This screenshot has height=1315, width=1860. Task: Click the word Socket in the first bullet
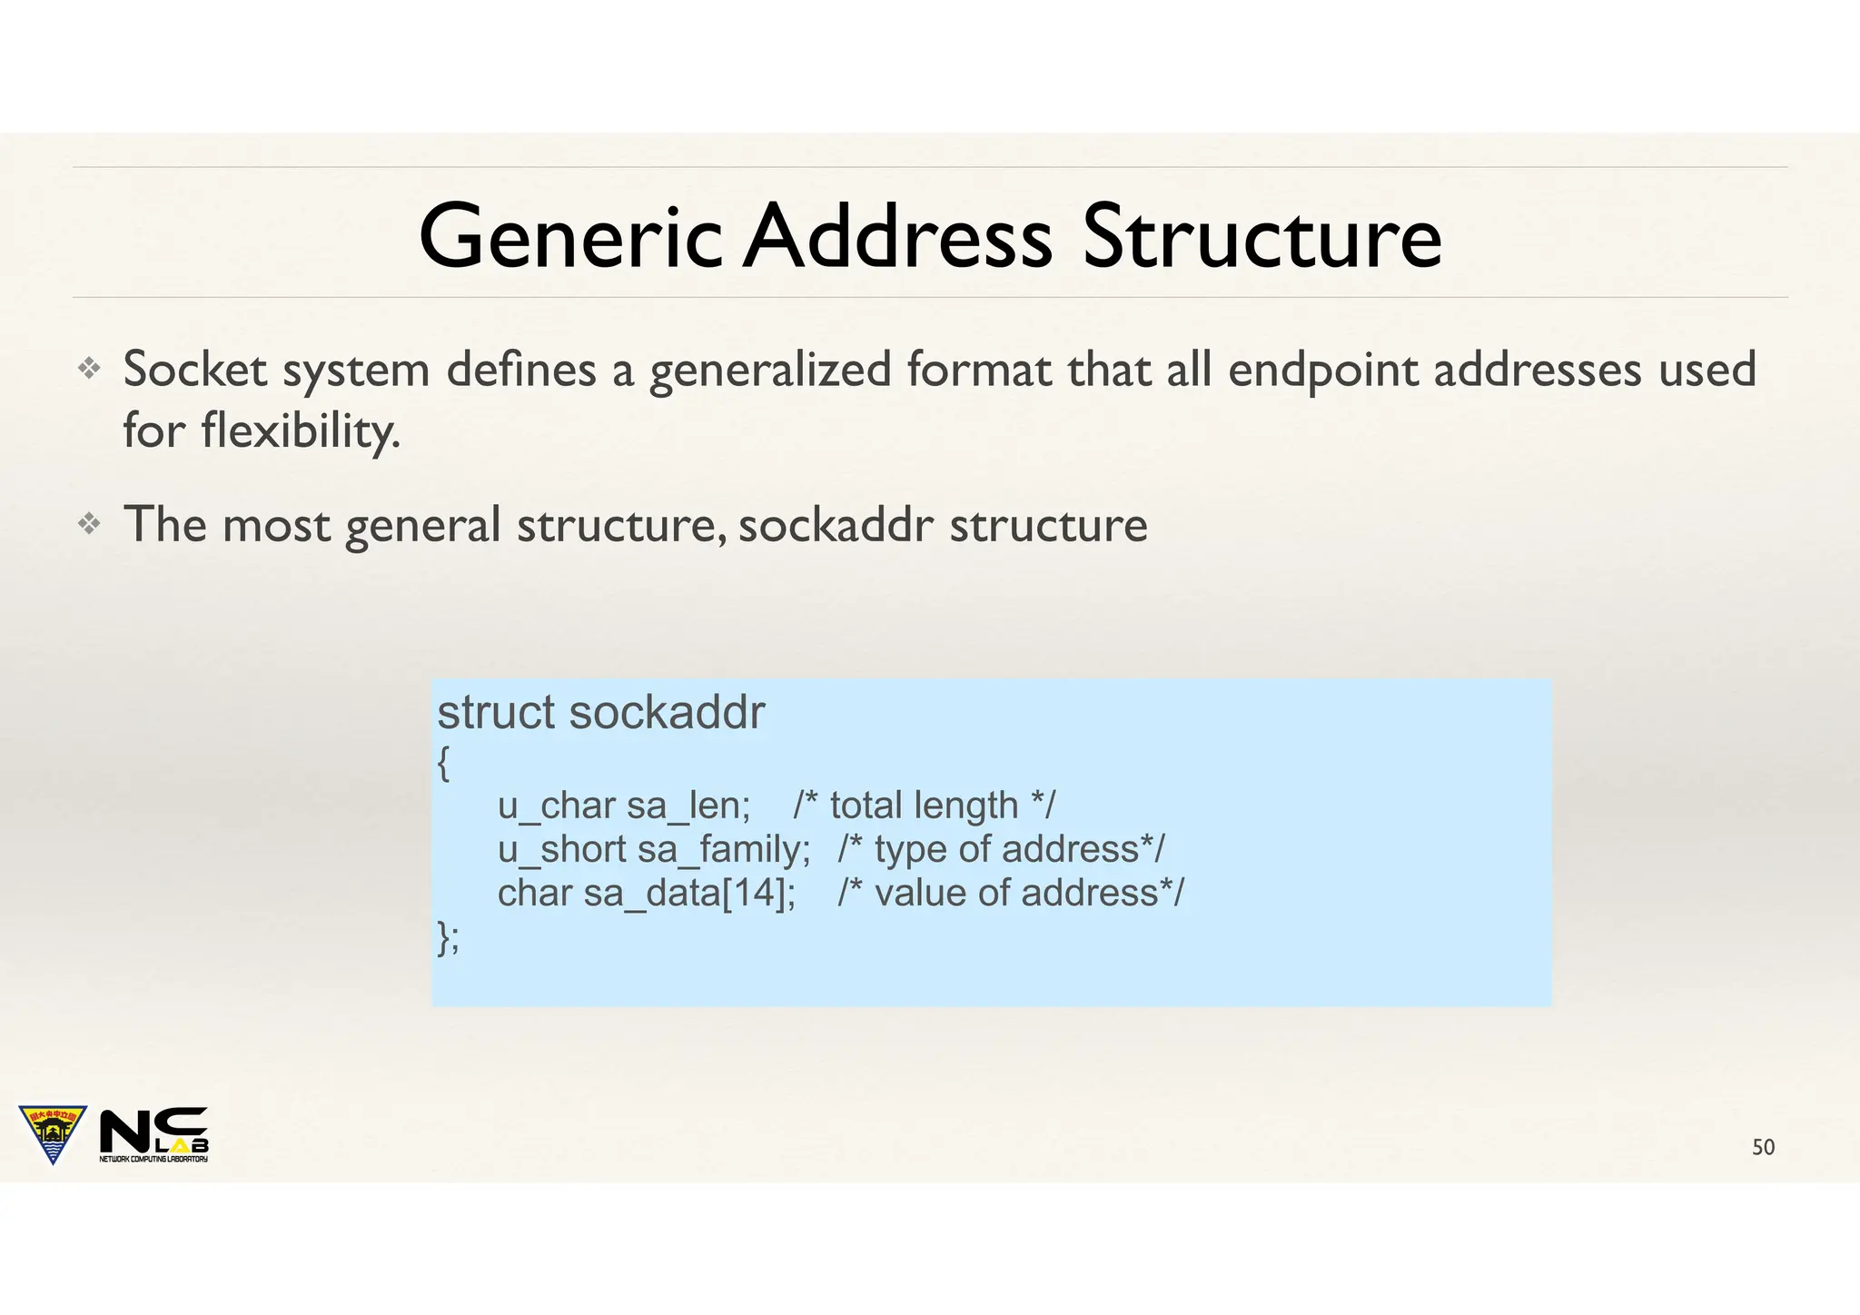tap(195, 370)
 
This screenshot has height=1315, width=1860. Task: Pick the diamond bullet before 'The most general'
tap(89, 524)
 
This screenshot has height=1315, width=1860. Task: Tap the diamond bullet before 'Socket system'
tap(89, 368)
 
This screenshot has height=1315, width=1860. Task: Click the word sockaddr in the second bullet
tap(836, 525)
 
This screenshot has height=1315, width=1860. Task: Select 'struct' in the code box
tap(496, 712)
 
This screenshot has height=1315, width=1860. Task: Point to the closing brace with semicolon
tap(448, 937)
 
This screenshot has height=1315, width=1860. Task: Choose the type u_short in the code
tap(561, 849)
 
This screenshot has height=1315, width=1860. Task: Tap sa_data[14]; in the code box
tap(689, 893)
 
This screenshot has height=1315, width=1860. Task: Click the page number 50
tap(1763, 1147)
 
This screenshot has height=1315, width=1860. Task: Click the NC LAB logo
tap(154, 1133)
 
